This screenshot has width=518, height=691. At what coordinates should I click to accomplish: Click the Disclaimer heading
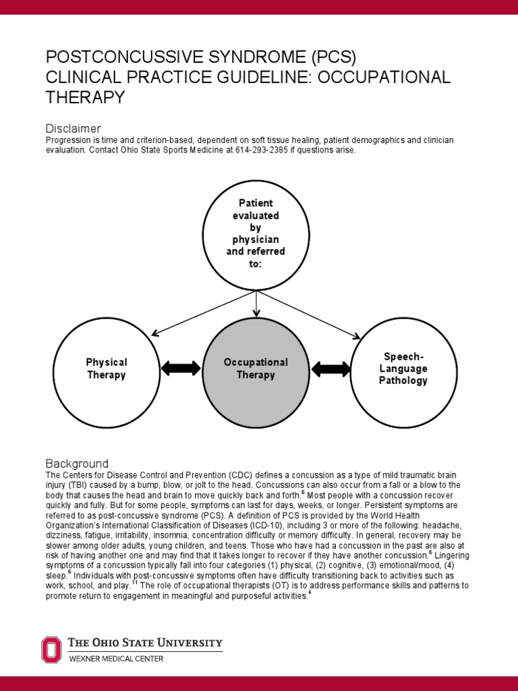[73, 128]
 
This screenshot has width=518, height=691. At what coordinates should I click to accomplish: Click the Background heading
[76, 464]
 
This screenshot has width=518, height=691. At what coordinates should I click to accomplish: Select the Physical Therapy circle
[106, 368]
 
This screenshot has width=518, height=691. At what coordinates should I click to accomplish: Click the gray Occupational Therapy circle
[256, 368]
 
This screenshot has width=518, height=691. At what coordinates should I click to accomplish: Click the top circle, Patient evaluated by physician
[256, 233]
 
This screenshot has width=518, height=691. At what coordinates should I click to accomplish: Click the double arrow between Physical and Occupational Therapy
[181, 368]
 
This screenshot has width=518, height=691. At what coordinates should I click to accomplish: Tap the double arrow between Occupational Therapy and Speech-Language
[330, 368]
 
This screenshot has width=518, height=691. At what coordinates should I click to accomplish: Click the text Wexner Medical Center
[116, 658]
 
